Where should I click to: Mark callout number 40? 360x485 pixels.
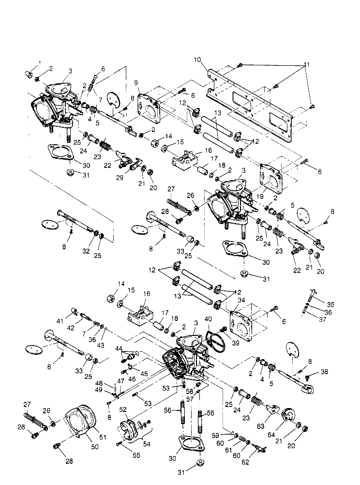pyautogui.click(x=208, y=319)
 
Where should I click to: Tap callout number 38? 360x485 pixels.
pyautogui.click(x=323, y=372)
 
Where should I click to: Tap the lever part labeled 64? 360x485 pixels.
pyautogui.click(x=289, y=415)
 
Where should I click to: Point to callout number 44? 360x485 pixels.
pyautogui.click(x=119, y=349)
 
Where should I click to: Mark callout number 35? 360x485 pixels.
pyautogui.click(x=331, y=304)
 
